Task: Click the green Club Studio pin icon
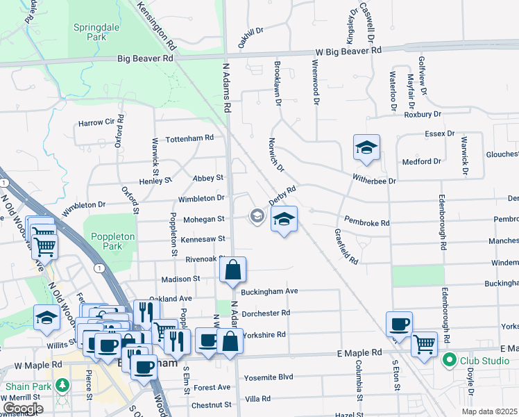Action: coord(449,360)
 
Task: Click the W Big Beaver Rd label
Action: coord(348,51)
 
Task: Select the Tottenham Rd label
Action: coord(189,138)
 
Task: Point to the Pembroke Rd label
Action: coord(366,223)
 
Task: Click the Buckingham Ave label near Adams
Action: coord(269,291)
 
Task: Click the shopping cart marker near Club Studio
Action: coord(424,342)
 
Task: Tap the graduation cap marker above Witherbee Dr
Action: coord(366,147)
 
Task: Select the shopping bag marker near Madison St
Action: coord(234,269)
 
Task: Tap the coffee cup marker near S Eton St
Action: coord(400,323)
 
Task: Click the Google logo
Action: coord(23,408)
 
